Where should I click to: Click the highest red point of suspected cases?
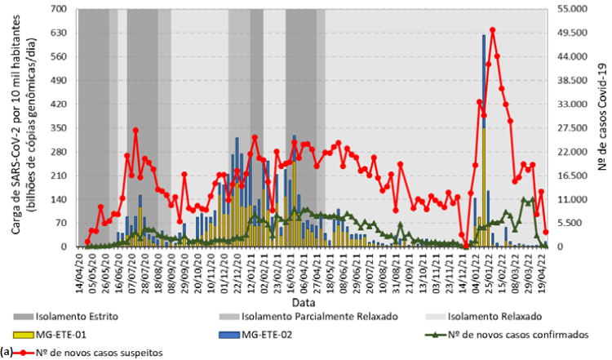[x=492, y=30]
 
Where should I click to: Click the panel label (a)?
[x=7, y=352]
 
